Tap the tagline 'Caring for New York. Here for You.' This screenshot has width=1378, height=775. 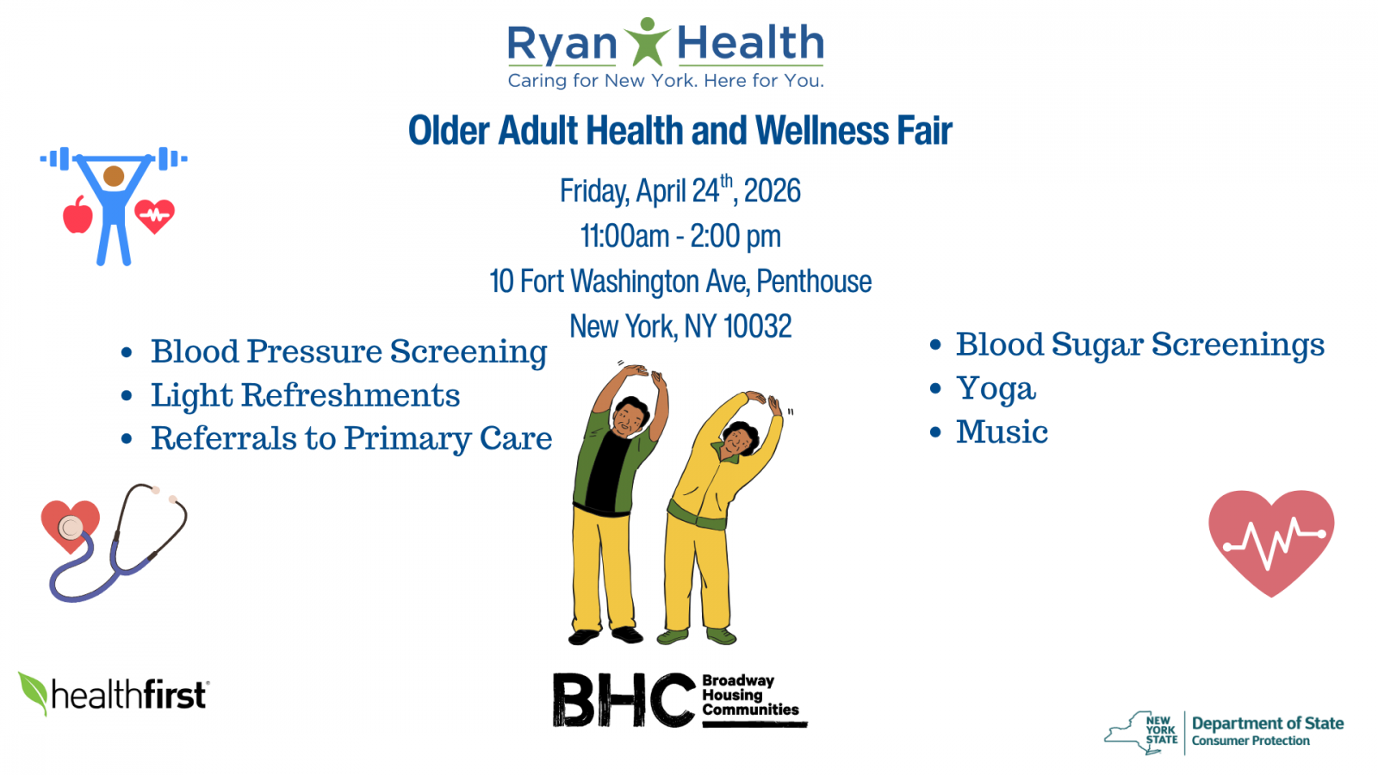[665, 81]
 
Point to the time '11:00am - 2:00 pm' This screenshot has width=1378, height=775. [680, 236]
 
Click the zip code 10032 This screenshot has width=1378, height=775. [757, 326]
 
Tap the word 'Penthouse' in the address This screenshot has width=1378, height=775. [814, 282]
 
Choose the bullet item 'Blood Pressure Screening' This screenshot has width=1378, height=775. [348, 351]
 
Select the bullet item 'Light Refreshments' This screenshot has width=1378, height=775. [305, 395]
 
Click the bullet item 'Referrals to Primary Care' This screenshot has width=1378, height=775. [351, 438]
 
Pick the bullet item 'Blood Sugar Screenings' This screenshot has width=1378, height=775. [1139, 344]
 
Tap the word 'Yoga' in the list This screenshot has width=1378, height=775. [996, 388]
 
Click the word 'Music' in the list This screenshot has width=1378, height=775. [1002, 432]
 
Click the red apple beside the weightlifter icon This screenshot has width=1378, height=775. [78, 215]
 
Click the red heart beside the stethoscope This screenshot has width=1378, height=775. [70, 524]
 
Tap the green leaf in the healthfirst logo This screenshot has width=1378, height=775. [34, 691]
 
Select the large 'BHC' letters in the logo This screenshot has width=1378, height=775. [623, 699]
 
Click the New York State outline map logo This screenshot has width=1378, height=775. [1141, 733]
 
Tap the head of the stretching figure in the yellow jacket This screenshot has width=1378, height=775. [739, 439]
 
